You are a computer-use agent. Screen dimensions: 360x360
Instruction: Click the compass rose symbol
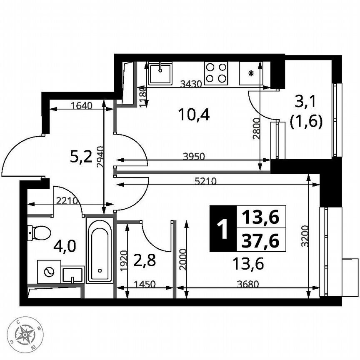[x=25, y=333]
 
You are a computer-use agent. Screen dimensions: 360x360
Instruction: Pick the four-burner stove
[x=216, y=72]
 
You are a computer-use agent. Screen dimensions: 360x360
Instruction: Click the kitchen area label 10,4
[x=193, y=114]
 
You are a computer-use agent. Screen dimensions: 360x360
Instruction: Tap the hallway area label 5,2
[x=81, y=157]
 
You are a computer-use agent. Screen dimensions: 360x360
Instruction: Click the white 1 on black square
[x=222, y=229]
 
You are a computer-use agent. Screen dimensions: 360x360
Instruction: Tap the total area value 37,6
[x=261, y=240]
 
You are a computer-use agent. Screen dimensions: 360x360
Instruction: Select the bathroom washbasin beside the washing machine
[x=73, y=275]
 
